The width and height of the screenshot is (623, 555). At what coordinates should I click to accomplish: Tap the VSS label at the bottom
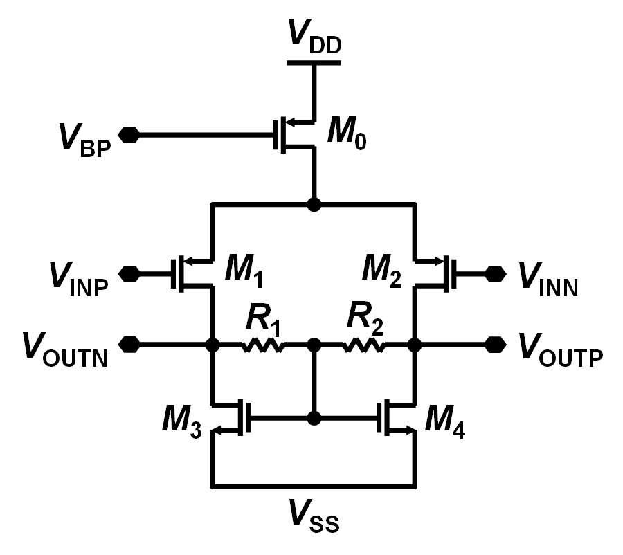314,515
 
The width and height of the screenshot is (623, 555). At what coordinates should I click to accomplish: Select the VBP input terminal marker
129,135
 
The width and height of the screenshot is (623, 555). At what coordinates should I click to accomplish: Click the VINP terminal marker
129,274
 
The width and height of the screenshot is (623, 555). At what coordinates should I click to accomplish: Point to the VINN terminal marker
496,274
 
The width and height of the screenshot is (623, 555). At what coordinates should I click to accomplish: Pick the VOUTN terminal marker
129,345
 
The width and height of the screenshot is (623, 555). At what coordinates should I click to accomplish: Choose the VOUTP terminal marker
496,345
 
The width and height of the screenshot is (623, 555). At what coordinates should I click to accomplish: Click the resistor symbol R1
263,345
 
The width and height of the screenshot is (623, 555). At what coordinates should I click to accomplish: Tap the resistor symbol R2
363,345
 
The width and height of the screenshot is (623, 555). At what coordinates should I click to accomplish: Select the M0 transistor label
347,134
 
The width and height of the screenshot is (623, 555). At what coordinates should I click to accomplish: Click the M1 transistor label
244,272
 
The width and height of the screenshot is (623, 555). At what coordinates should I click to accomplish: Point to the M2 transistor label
381,272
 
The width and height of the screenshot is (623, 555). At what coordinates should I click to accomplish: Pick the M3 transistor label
181,422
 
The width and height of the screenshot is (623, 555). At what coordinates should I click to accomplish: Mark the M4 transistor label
445,422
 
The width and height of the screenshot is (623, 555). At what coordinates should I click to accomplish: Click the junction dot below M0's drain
314,205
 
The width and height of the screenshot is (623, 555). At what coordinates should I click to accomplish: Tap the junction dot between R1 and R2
314,345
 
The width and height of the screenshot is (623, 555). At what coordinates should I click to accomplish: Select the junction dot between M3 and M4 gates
314,418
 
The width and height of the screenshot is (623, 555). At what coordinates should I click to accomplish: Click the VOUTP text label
561,350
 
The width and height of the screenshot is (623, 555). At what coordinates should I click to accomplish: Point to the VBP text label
85,141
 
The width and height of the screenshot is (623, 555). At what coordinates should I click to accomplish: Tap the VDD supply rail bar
314,63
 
